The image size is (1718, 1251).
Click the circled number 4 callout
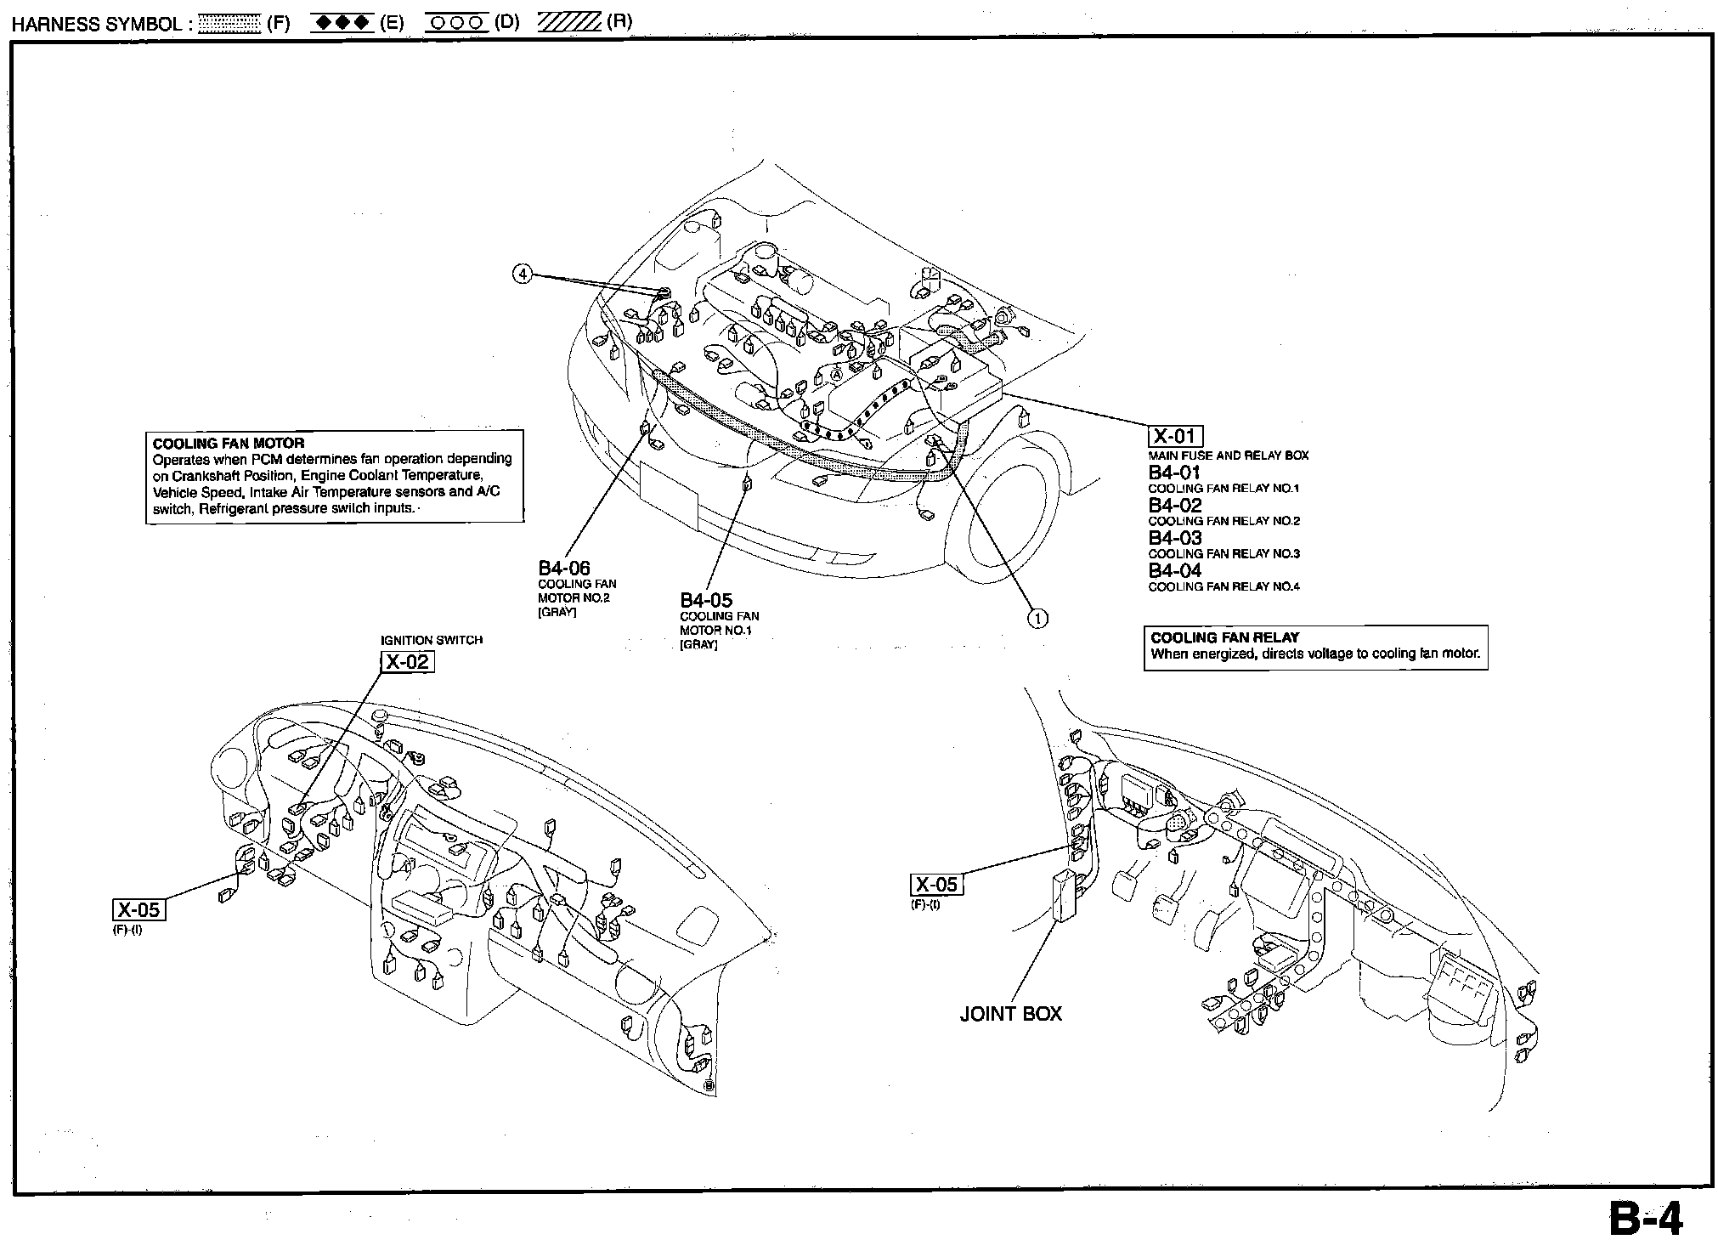pos(523,275)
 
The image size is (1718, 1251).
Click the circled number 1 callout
pos(1037,618)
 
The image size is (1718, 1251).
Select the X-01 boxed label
pos(1175,437)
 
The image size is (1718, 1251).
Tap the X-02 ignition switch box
pos(407,661)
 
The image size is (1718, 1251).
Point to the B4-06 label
pos(564,568)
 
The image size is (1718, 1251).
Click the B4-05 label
pos(706,600)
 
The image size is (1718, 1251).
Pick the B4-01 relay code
pos(1174,473)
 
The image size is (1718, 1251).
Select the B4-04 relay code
pos(1174,570)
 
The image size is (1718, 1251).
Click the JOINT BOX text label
pos(1010,1014)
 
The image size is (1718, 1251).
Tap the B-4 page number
pos(1645,1219)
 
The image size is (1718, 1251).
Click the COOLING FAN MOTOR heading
pos(228,443)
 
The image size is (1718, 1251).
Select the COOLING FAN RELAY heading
pos(1224,637)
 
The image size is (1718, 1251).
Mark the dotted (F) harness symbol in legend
pos(229,24)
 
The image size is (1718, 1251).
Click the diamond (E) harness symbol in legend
pos(342,24)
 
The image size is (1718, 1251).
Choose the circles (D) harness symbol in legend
pos(455,24)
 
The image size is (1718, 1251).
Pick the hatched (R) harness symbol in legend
pos(568,24)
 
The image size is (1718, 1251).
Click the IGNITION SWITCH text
pos(431,640)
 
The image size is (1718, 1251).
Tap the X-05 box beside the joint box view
pos(936,885)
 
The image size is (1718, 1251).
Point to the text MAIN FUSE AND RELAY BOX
pos(1228,456)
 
